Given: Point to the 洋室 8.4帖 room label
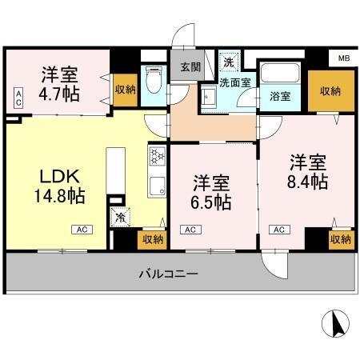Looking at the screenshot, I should point(308,171).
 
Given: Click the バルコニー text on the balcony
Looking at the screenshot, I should point(168,274).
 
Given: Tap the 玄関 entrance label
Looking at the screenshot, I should point(190,67).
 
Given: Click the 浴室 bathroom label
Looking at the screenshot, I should point(279,97).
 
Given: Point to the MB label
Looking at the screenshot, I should point(343,58).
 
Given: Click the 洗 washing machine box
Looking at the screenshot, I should point(229,62).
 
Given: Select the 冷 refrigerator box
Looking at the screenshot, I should point(121,216).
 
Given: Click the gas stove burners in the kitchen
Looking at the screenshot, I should point(156,155).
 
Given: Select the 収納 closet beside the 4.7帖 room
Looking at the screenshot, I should point(124,90).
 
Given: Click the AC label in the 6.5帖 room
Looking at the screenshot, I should point(190,230).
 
